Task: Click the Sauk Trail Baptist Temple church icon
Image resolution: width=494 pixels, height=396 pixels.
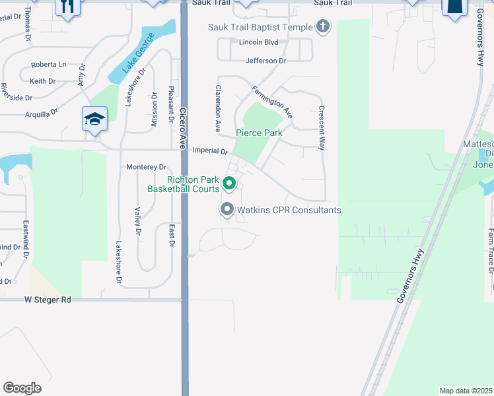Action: click(x=322, y=26)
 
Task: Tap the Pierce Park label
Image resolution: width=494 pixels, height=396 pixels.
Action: click(x=260, y=133)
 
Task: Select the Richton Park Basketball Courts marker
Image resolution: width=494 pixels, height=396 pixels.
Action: click(x=229, y=183)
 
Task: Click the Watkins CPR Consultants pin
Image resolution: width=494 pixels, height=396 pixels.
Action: click(x=227, y=210)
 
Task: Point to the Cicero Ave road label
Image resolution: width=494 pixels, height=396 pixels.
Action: click(x=184, y=126)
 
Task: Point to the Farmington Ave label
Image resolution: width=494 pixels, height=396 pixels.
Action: click(x=271, y=101)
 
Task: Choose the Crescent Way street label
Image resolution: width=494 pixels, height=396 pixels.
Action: click(x=321, y=128)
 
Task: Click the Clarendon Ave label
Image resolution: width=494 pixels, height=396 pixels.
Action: click(x=217, y=106)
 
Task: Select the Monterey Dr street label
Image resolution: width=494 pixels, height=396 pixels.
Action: click(x=146, y=167)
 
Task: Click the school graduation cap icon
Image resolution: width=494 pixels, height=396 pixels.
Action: click(x=94, y=119)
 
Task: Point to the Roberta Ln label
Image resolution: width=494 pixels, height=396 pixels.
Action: click(x=49, y=65)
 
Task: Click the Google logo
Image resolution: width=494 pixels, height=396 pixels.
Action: click(x=22, y=388)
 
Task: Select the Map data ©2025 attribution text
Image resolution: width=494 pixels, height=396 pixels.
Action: click(x=466, y=390)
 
